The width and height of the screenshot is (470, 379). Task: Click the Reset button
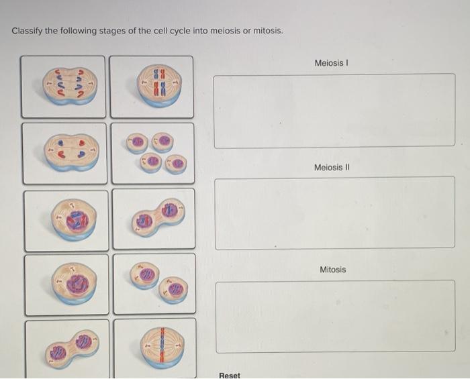click(230, 375)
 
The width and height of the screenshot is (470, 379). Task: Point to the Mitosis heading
click(333, 270)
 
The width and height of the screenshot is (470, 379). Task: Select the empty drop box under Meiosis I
click(334, 110)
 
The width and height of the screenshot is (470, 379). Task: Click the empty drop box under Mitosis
click(334, 316)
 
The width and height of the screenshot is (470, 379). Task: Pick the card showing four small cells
click(153, 153)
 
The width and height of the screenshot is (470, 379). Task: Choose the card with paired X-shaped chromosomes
click(152, 87)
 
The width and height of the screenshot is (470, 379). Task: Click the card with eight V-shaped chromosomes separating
click(63, 87)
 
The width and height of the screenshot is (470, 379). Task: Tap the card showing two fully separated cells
click(154, 283)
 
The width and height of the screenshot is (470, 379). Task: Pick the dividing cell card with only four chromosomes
click(64, 153)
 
